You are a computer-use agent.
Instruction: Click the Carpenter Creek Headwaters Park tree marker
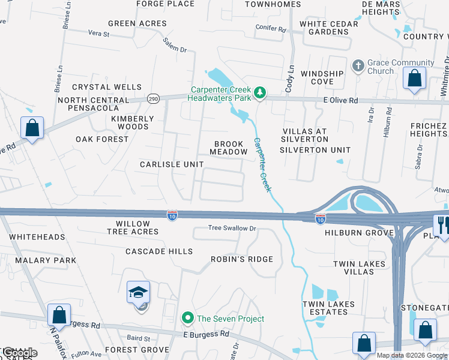(260, 92)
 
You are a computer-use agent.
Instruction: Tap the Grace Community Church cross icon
(358, 66)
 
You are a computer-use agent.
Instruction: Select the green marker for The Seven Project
(188, 318)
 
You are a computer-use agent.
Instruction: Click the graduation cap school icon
(139, 293)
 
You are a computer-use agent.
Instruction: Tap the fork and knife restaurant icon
(443, 226)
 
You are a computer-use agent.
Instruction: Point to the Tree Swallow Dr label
(232, 228)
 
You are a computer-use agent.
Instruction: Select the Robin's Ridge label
(241, 259)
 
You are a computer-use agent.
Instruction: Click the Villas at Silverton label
(306, 135)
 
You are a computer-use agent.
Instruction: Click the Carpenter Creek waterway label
(263, 165)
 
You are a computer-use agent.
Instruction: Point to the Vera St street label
(98, 34)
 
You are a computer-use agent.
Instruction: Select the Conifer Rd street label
(271, 28)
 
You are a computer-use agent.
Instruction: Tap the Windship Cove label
(322, 77)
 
